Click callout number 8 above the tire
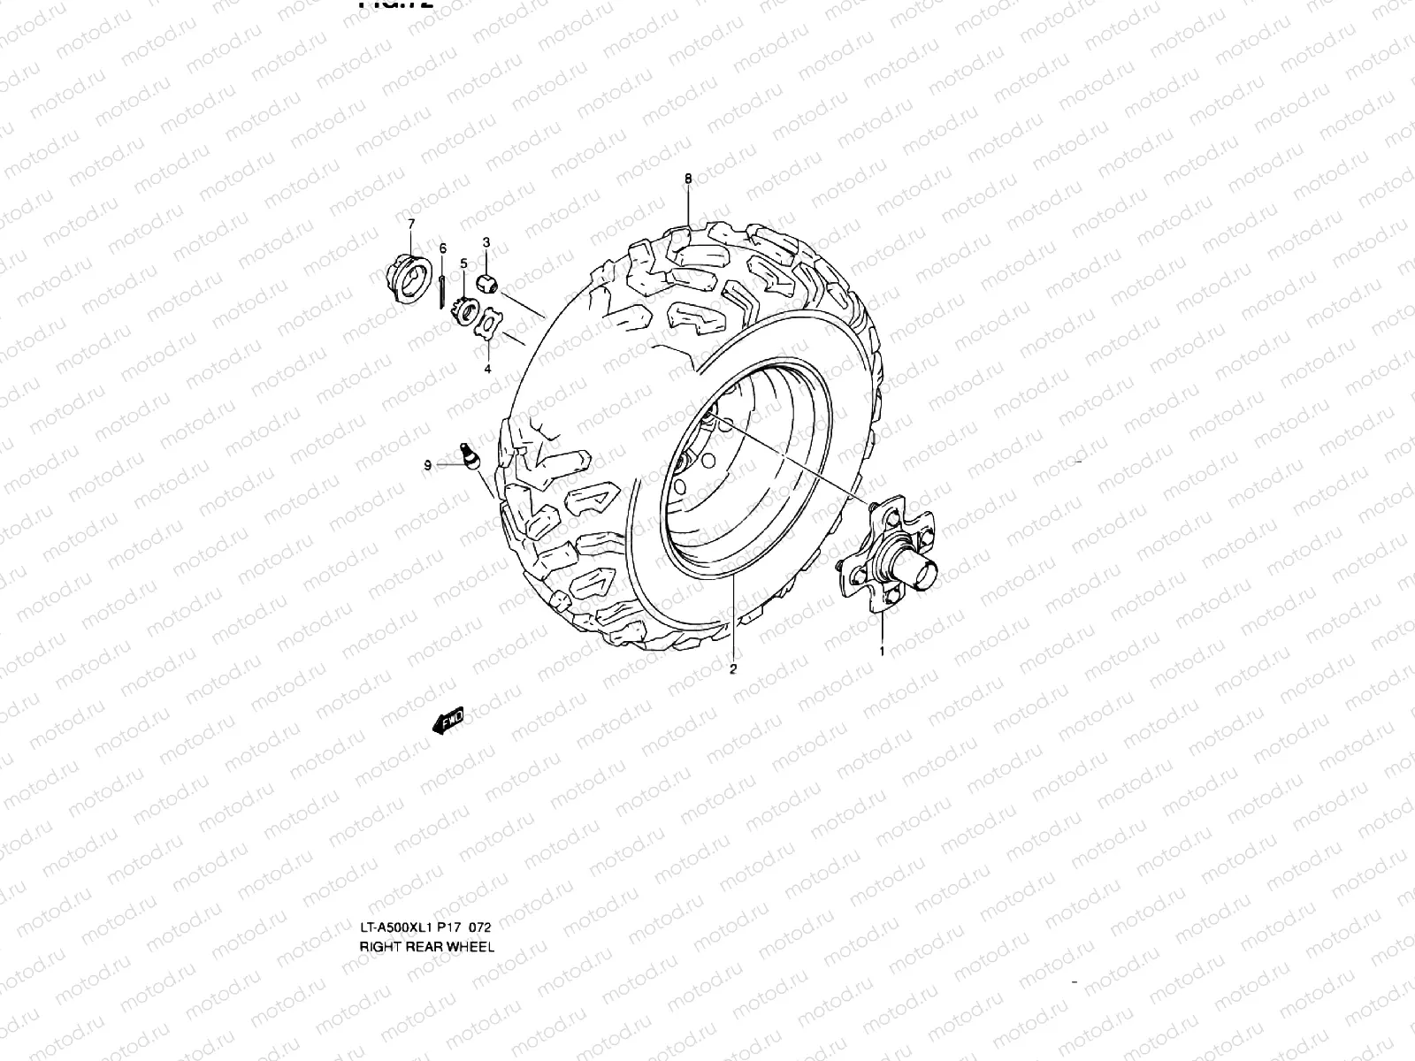688,179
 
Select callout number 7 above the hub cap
410,225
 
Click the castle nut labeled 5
464,310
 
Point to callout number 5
463,263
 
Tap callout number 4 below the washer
486,370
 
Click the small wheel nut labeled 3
486,283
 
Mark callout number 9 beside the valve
427,465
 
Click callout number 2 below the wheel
732,668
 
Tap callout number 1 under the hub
881,651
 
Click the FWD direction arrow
449,721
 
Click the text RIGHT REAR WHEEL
426,946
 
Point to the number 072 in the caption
478,927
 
